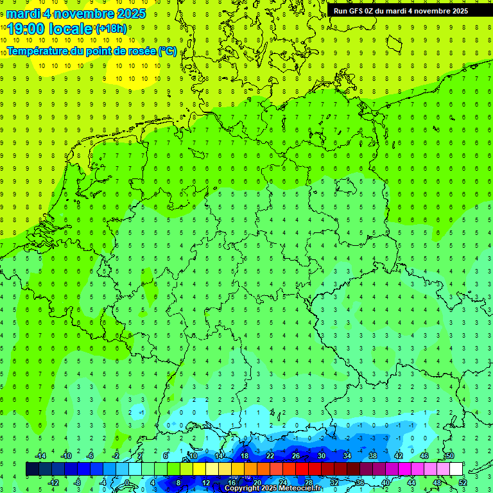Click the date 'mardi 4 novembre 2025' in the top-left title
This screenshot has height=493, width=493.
pos(76,13)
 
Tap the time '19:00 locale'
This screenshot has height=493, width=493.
pos(50,28)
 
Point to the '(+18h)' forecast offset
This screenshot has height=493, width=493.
pos(111,28)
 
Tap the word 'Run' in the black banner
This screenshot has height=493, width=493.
pos(340,11)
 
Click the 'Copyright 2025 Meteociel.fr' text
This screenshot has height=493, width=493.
pos(273,489)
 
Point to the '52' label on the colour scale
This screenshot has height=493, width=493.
pos(463,483)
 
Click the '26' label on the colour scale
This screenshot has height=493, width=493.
pos(296,456)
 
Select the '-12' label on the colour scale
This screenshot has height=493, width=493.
pos(53,483)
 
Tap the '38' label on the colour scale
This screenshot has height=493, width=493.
pos(373,456)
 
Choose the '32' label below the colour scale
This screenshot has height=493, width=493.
pos(334,483)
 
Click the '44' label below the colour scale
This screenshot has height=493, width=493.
pos(411,483)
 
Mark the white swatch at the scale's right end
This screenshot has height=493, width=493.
pos(456,469)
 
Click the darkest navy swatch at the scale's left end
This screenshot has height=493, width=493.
pos(32,469)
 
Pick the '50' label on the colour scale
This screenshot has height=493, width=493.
pos(450,456)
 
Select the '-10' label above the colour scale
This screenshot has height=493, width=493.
pos(65,456)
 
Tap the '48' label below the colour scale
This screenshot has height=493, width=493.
pos(437,483)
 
